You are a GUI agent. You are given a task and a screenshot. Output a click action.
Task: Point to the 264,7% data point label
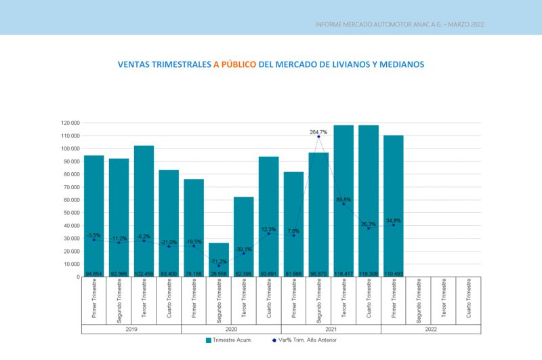319,132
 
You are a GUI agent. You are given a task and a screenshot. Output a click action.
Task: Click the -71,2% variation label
219,261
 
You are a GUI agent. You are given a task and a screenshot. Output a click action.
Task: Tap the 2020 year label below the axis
231,329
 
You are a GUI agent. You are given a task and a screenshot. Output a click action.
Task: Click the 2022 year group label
431,329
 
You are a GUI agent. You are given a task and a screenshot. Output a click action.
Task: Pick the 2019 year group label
131,329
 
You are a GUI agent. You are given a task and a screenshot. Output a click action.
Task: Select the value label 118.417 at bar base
343,273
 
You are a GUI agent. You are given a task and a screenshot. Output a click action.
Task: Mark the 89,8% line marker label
343,200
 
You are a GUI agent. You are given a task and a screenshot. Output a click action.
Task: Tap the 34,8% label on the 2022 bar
394,221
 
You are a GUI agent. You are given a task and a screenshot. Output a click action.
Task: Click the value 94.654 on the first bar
94,273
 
